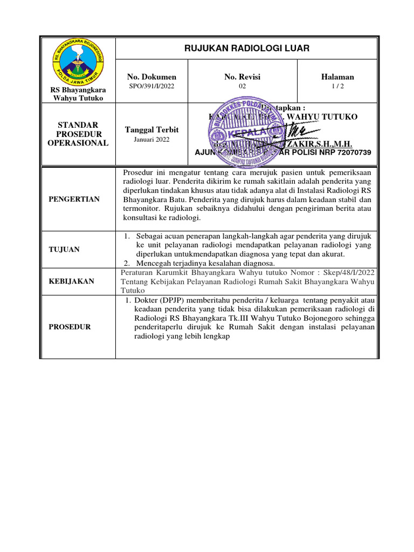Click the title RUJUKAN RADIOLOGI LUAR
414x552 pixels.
tap(247, 49)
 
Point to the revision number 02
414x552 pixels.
tap(242, 86)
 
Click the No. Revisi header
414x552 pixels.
tap(242, 77)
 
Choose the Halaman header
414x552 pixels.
tap(337, 77)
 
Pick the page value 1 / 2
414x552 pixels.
tap(337, 86)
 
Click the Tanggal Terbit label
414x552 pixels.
tap(151, 130)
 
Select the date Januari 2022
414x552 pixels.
tap(151, 140)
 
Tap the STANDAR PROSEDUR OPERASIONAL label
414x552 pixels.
tap(78, 134)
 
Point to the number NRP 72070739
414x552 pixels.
tap(350, 153)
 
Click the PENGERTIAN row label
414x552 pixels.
tap(74, 199)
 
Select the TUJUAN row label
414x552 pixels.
tap(64, 249)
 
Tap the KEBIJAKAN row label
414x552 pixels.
tap(71, 281)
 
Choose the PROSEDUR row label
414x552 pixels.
tap(70, 327)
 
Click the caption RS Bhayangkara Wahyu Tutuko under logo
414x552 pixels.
tap(78, 94)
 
